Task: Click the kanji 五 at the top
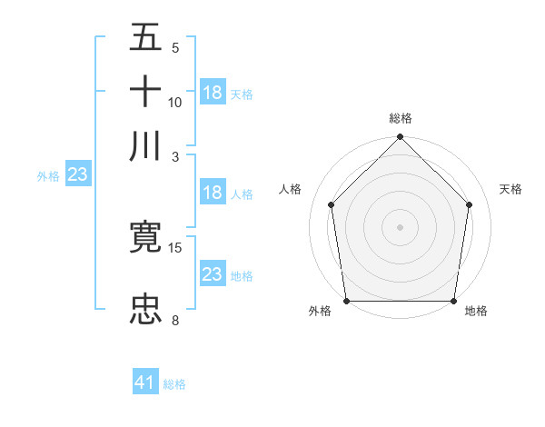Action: point(145,38)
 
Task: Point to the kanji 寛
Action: point(145,236)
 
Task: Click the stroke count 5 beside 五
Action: point(175,48)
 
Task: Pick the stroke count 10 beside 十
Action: point(175,102)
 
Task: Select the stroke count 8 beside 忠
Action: point(175,320)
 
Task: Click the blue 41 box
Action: point(145,383)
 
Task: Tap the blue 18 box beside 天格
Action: point(213,93)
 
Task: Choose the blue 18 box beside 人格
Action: point(213,193)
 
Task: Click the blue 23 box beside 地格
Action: point(213,274)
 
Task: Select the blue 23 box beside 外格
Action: point(77,175)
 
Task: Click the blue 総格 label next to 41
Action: point(174,384)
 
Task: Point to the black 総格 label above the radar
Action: point(400,118)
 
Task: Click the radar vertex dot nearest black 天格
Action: point(470,204)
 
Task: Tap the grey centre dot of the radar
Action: point(400,226)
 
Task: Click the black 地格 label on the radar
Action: point(476,312)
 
